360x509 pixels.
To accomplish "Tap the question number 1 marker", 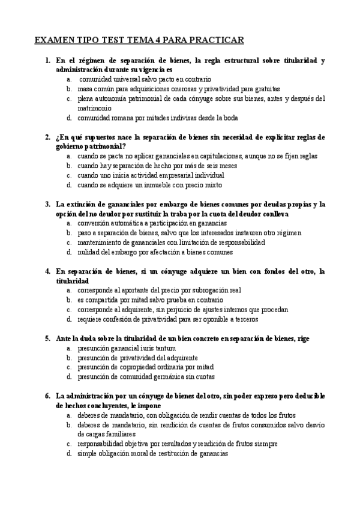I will click(47, 61).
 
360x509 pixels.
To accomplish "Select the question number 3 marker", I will click(47, 204).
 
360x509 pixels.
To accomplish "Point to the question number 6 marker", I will click(47, 396).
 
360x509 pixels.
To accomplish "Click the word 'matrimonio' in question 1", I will click(94, 108).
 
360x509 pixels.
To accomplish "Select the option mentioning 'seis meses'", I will click(157, 166).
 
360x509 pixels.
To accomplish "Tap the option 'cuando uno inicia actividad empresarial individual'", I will click(151, 175).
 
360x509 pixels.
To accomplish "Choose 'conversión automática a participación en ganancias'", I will click(152, 223).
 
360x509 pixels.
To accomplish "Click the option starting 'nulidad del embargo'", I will click(151, 252).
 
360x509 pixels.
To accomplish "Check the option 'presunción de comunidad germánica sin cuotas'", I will click(146, 377).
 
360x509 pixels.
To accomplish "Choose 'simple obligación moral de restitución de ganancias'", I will click(152, 454).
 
